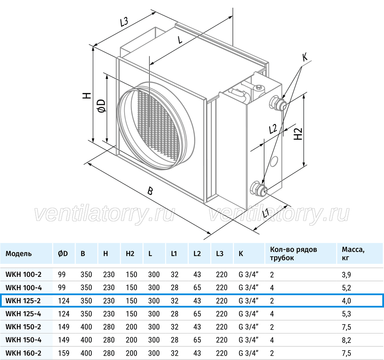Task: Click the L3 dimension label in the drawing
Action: click(x=124, y=22)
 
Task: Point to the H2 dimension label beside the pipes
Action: click(x=298, y=134)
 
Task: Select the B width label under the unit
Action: click(x=150, y=191)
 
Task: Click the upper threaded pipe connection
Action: click(x=278, y=103)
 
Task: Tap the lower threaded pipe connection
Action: click(x=259, y=189)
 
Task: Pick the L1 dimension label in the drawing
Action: click(x=266, y=213)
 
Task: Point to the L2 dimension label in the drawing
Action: click(x=273, y=129)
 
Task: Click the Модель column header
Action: click(x=19, y=253)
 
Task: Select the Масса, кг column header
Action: click(x=353, y=253)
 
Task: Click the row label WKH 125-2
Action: click(x=23, y=301)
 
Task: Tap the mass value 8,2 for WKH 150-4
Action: click(x=346, y=340)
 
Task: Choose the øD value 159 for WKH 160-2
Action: click(x=64, y=353)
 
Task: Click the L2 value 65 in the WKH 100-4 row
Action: click(x=197, y=287)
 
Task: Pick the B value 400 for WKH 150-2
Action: click(x=86, y=327)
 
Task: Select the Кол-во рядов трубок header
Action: click(x=294, y=253)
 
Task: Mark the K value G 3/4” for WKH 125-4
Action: click(x=249, y=314)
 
